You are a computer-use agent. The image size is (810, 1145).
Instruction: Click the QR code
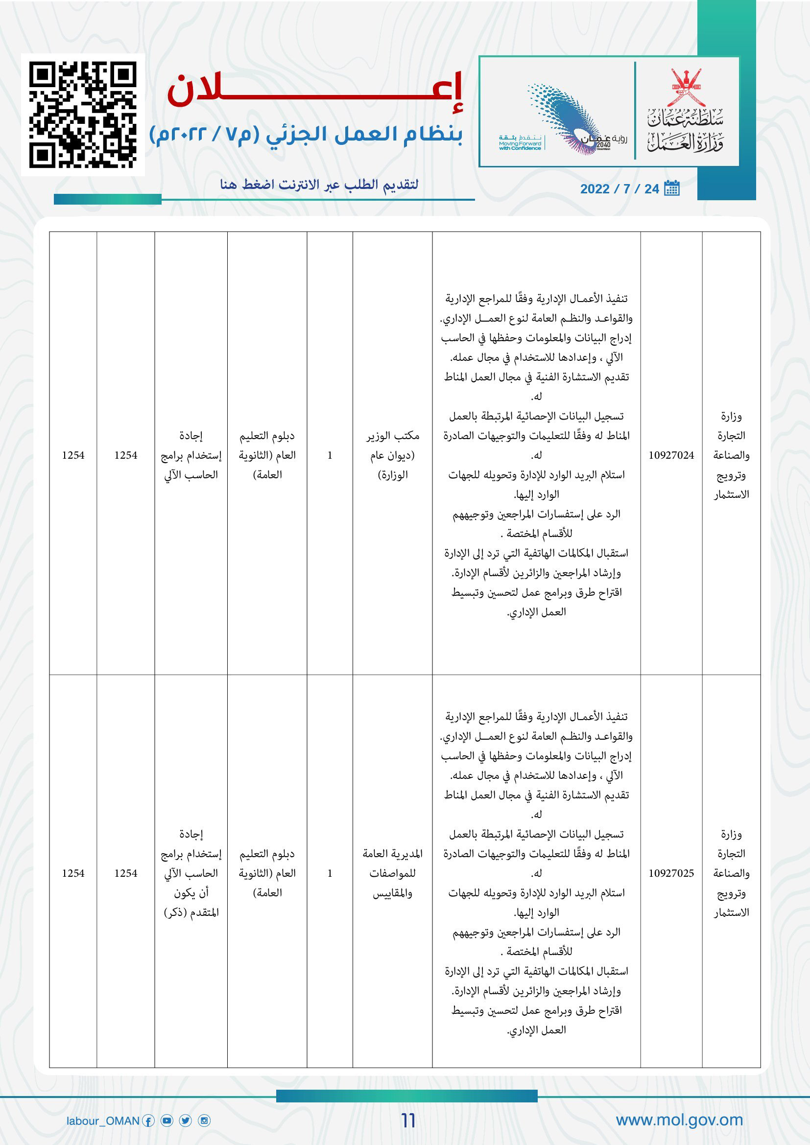click(83, 114)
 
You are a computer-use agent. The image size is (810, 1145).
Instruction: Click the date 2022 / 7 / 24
click(619, 189)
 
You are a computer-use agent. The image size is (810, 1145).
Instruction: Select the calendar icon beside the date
click(672, 188)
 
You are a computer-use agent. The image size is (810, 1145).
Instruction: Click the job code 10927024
click(671, 455)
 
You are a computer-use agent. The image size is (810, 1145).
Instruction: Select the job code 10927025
click(671, 873)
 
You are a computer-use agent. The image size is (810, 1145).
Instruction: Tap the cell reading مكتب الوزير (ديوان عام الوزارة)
click(393, 455)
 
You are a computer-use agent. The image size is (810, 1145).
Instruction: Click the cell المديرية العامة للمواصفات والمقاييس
click(393, 873)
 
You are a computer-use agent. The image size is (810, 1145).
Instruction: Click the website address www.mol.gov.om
click(679, 1120)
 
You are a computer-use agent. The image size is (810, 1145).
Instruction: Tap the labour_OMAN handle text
click(103, 1121)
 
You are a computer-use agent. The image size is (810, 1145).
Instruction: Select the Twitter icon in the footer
click(186, 1121)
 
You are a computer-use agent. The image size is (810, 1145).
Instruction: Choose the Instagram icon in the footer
click(204, 1121)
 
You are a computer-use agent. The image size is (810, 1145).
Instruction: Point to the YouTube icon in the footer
click(167, 1121)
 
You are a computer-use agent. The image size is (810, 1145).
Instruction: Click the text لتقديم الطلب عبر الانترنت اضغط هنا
click(319, 185)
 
